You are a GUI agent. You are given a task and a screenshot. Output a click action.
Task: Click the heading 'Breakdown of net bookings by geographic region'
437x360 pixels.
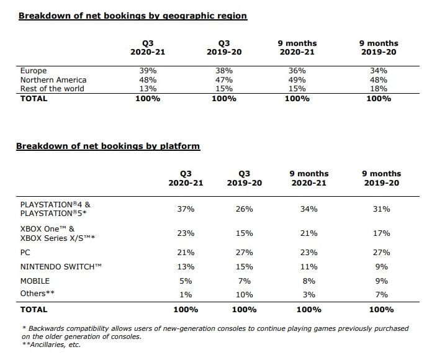point(133,16)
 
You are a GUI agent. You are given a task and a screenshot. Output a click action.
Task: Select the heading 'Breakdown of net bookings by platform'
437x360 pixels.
point(108,146)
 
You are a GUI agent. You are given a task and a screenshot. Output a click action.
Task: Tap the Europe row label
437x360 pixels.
point(34,71)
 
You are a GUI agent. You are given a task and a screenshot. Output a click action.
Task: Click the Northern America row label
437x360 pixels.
point(53,80)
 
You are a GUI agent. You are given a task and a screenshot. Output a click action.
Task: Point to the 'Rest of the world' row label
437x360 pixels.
point(52,89)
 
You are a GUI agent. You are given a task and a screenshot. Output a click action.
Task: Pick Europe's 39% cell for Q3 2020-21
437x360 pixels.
point(148,71)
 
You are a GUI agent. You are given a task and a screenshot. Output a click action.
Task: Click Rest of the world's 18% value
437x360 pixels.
point(379,89)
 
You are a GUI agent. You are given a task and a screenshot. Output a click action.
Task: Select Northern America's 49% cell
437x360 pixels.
point(297,80)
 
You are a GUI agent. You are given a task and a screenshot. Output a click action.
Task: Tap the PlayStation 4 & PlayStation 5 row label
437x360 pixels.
point(55,209)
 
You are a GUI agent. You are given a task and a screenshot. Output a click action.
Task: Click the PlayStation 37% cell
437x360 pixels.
point(186,209)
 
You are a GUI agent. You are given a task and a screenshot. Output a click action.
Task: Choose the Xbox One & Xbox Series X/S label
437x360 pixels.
point(58,233)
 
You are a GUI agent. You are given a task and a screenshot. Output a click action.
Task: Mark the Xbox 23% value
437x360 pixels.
point(186,233)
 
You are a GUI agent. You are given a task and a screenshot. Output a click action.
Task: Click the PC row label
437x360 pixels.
point(25,253)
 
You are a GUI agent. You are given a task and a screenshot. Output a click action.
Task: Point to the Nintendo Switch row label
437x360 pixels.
point(61,267)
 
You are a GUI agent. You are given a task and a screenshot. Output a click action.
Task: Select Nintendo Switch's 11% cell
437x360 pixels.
point(309,267)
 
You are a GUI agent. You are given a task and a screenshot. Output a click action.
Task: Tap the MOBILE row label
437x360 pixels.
point(35,281)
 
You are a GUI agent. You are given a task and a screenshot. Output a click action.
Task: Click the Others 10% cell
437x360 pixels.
point(245,295)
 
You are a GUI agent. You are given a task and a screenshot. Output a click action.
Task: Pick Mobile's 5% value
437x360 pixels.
point(186,281)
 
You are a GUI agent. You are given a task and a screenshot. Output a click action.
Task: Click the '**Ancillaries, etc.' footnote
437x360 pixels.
point(52,344)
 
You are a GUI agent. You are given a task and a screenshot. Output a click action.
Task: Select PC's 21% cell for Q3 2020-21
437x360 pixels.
point(186,253)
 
